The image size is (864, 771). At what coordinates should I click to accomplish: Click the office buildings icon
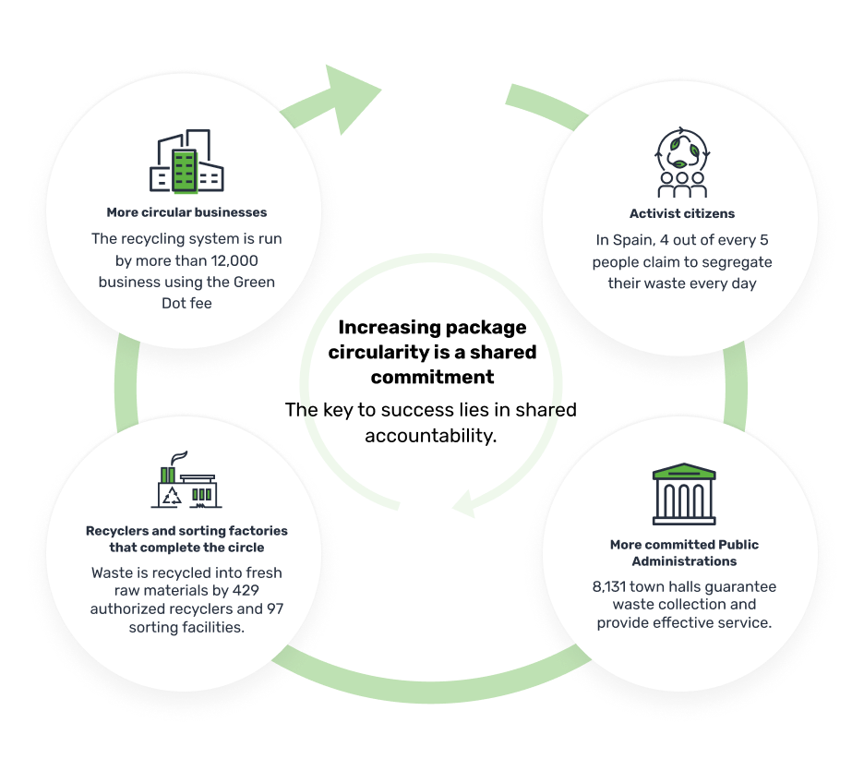pyautogui.click(x=186, y=161)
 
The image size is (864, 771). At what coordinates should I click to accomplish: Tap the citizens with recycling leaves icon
pyautogui.click(x=682, y=162)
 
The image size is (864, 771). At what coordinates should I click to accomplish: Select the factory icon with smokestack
pyautogui.click(x=186, y=479)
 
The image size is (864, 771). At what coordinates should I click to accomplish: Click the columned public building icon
pyautogui.click(x=684, y=494)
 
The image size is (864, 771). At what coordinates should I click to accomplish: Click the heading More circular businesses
pyautogui.click(x=186, y=212)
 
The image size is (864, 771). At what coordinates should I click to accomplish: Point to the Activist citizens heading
pyautogui.click(x=682, y=213)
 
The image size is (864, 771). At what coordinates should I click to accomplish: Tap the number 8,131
pyautogui.click(x=609, y=586)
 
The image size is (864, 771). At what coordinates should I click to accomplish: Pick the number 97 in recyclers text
pyautogui.click(x=275, y=608)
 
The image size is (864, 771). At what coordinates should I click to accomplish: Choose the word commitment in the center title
pyautogui.click(x=432, y=377)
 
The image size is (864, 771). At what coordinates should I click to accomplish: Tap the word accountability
pyautogui.click(x=431, y=436)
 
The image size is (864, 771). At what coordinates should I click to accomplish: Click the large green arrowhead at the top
pyautogui.click(x=353, y=99)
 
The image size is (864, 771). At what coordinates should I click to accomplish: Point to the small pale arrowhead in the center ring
pyautogui.click(x=464, y=503)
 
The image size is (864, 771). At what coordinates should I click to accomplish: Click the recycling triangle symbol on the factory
pyautogui.click(x=172, y=496)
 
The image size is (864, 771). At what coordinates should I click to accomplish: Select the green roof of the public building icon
pyautogui.click(x=684, y=471)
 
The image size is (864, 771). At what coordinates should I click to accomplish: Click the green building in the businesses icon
pyautogui.click(x=185, y=171)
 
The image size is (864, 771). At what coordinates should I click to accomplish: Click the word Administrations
pyautogui.click(x=684, y=561)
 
